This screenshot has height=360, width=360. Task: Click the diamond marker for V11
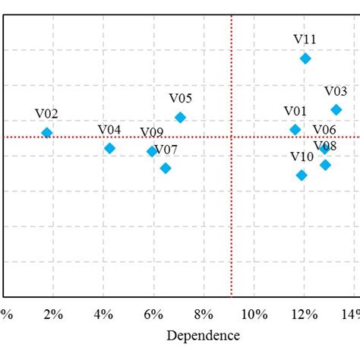coord(305,58)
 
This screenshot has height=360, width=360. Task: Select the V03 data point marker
coord(336,110)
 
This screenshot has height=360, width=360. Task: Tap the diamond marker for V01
coord(295,130)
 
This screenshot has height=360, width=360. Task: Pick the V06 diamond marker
coord(325,149)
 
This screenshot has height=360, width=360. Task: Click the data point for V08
coord(325,165)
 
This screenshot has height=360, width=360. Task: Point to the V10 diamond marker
coord(302,175)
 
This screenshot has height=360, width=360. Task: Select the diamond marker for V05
coord(180,117)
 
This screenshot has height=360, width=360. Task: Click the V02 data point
coord(47,133)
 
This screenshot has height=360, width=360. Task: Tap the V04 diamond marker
coord(109,148)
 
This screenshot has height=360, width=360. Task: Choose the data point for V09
coord(152,151)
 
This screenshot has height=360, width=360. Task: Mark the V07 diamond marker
coord(166,168)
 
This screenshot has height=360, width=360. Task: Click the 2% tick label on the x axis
coord(53,314)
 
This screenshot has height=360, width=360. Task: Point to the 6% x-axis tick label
coord(153,314)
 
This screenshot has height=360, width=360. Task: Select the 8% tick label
coord(204,314)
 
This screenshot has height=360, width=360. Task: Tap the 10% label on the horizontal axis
coord(254,314)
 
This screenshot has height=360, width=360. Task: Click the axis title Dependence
coord(204,336)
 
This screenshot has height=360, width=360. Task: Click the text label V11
coord(305,39)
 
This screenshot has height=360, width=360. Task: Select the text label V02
coord(46,115)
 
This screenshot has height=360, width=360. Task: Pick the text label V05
coord(180,99)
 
